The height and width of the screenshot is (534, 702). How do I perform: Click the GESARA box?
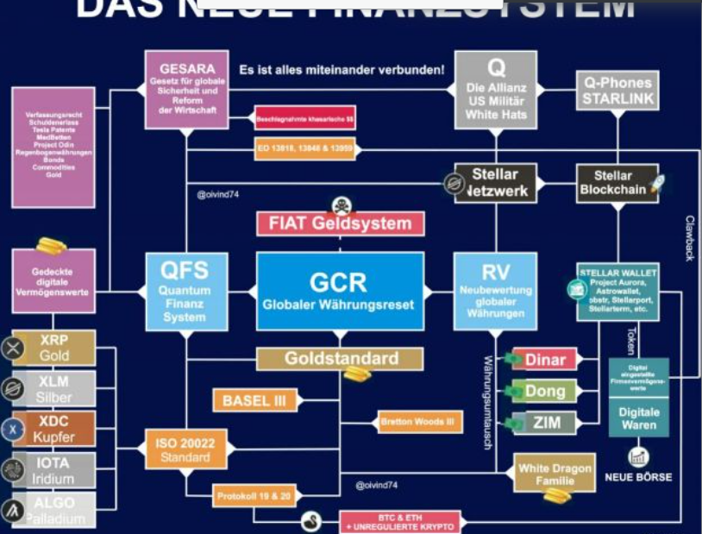tap(186, 90)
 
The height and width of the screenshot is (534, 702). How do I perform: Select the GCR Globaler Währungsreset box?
tap(340, 291)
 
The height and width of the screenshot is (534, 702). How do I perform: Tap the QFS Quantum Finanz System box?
tap(186, 291)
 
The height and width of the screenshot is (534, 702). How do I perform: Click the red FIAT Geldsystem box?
tap(340, 223)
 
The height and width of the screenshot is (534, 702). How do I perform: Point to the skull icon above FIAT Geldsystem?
tap(342, 205)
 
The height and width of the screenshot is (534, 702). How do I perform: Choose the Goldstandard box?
tap(340, 359)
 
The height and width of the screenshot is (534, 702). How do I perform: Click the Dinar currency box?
tap(545, 359)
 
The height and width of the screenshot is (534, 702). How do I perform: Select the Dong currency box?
tap(545, 391)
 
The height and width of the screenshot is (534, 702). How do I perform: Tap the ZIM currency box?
tap(545, 423)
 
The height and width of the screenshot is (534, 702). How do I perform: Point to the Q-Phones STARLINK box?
tap(617, 91)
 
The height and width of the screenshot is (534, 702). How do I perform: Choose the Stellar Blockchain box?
tap(614, 183)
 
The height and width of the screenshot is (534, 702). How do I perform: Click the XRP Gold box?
tap(54, 348)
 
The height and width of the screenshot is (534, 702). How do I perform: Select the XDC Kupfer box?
tap(54, 429)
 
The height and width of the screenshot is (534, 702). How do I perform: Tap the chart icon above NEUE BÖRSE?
tap(638, 458)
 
